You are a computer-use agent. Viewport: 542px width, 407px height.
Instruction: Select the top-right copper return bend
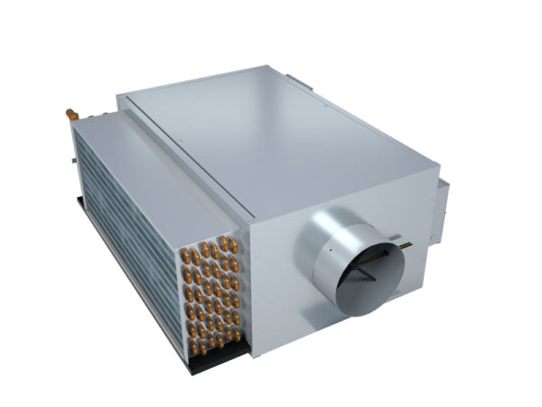[233, 249]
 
